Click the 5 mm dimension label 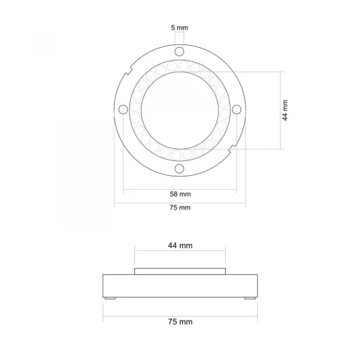click(179, 27)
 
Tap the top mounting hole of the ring click(179, 51)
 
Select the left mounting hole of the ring click(123, 109)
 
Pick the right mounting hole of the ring click(236, 109)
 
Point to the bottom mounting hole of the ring click(179, 169)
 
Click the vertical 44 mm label click(285, 110)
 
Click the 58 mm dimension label click(180, 194)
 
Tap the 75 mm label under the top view click(180, 207)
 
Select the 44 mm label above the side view click(180, 245)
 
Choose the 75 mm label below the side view click(180, 321)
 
